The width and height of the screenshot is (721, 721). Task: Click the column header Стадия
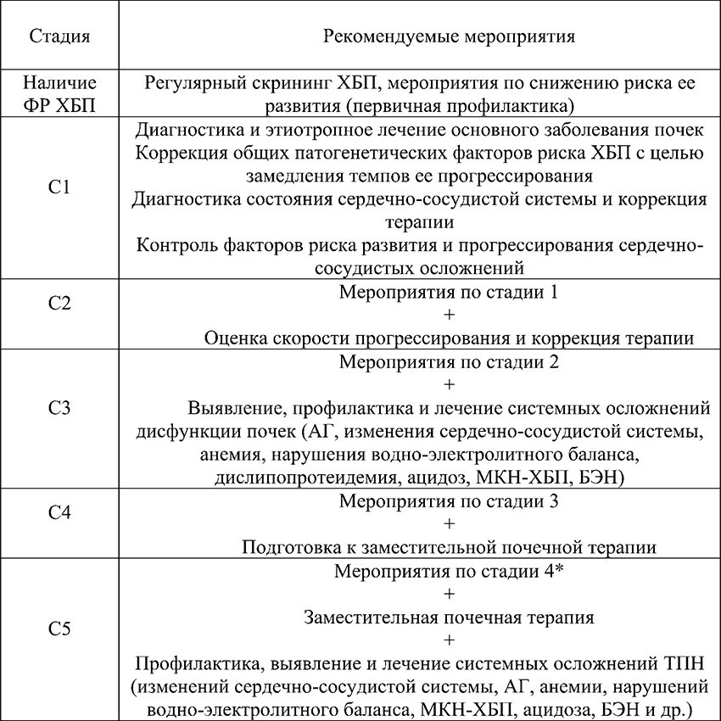(x=59, y=37)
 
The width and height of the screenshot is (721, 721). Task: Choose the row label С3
(x=59, y=406)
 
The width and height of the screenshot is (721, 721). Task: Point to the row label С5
(x=59, y=629)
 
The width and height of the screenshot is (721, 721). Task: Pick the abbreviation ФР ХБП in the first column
(x=59, y=105)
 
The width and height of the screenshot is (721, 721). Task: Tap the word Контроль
(x=176, y=246)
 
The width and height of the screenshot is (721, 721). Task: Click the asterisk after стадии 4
(x=557, y=570)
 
